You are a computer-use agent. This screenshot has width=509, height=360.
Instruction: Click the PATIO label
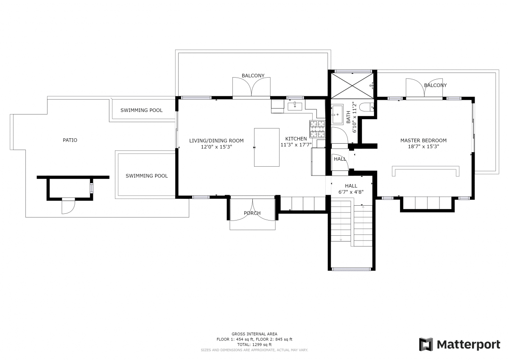tap(70, 140)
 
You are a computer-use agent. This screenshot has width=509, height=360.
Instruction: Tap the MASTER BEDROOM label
tap(423, 140)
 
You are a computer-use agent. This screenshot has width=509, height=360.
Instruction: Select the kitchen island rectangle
tap(266, 147)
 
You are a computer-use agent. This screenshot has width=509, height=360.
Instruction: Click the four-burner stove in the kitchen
tap(317, 129)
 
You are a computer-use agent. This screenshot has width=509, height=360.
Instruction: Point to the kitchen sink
tap(295, 106)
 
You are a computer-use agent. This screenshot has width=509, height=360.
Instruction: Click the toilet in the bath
tap(367, 107)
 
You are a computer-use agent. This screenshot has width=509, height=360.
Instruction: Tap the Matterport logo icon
tap(426, 345)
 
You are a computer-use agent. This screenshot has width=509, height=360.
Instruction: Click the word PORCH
tap(252, 213)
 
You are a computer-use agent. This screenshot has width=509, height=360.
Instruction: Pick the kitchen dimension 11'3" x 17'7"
tap(296, 145)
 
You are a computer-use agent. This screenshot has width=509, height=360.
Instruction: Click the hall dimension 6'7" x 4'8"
tap(351, 192)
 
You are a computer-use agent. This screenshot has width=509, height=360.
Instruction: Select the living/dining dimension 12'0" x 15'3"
tap(216, 147)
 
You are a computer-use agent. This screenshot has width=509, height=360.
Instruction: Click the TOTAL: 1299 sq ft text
tap(254, 345)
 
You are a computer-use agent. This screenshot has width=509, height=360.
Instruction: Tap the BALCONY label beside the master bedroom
tap(435, 85)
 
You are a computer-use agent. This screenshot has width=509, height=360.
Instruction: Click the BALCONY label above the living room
tap(253, 75)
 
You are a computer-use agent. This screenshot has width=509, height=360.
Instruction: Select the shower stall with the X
tap(352, 86)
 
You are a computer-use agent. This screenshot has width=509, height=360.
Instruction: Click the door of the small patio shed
tap(68, 206)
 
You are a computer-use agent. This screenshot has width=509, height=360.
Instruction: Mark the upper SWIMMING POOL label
tap(141, 110)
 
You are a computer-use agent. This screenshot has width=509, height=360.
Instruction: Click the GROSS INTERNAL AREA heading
tap(254, 334)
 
